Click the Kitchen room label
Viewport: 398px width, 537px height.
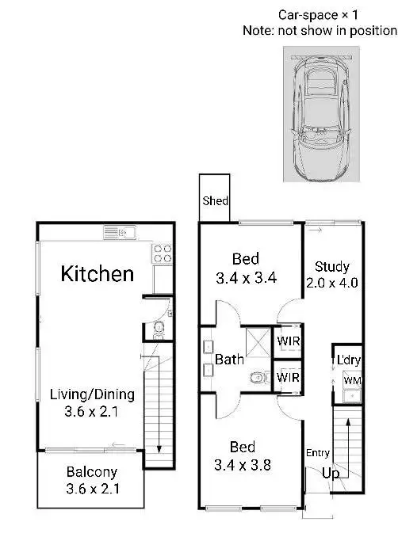tap(98, 274)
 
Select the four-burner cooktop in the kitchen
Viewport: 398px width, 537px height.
tap(163, 253)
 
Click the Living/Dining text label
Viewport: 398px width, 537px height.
tap(92, 394)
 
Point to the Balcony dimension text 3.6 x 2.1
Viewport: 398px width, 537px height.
tap(92, 489)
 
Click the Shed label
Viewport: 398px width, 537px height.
tap(215, 201)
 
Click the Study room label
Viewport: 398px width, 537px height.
tap(331, 266)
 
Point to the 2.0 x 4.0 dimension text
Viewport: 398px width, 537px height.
tap(331, 282)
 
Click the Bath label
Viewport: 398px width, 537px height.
tap(230, 360)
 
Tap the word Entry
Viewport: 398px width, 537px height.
tap(317, 453)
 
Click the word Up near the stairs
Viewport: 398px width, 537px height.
tap(331, 473)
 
